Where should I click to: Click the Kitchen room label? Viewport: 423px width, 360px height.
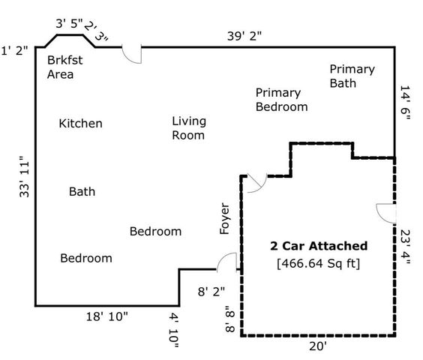pos(81,124)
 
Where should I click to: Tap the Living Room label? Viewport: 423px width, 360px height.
pos(189,128)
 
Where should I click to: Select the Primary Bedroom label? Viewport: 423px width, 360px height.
pos(282,100)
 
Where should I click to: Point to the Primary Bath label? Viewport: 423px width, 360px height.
pos(352,76)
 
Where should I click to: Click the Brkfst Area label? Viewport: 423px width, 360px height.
pos(64,67)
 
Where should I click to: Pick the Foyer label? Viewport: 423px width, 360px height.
pos(224,218)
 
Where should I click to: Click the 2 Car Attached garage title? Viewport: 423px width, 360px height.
pos(319,246)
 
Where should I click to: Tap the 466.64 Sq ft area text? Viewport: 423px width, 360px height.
pos(319,263)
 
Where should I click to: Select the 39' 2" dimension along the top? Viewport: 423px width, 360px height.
pos(244,36)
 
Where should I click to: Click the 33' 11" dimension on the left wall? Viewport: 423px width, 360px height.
pos(24,177)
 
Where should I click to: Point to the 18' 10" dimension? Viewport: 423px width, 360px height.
pos(106,316)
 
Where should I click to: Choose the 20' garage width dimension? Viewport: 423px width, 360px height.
pos(318,346)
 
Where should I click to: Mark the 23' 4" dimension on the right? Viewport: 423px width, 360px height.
pos(405,247)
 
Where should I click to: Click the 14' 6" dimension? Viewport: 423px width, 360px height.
pos(405,103)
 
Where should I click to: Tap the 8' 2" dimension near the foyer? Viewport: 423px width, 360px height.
pos(211,292)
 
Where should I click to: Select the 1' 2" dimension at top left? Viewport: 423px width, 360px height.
pos(14,50)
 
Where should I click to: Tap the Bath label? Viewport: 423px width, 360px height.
pos(82,192)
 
